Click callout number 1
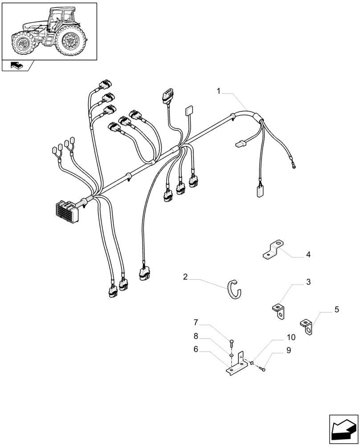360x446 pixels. [219, 91]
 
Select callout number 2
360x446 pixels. [185, 277]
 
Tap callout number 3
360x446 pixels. [308, 282]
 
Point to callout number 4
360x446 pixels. [308, 255]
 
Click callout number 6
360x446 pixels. [196, 350]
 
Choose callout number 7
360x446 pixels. [196, 322]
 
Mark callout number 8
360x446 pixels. [196, 336]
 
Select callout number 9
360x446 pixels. [288, 351]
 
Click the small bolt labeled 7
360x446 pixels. [232, 343]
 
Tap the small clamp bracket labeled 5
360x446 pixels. [307, 326]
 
